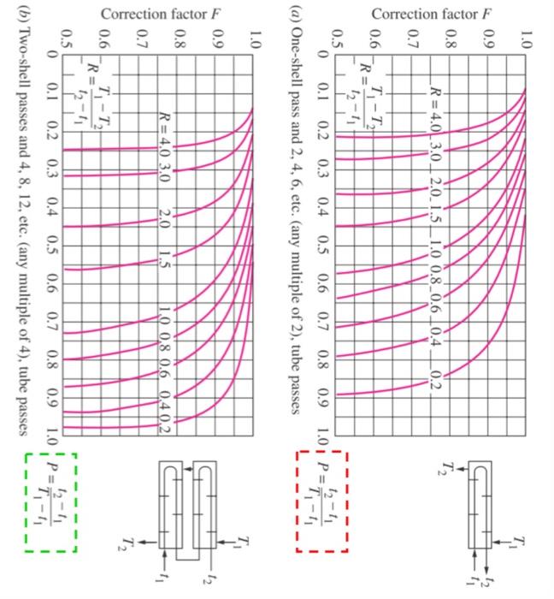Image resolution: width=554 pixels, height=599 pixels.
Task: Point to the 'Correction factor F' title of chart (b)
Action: click(x=163, y=15)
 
